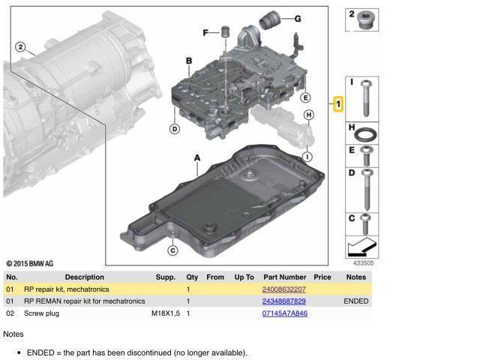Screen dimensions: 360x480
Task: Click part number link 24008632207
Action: [283, 289]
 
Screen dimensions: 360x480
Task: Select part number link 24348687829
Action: [283, 301]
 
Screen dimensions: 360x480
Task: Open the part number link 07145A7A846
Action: [284, 313]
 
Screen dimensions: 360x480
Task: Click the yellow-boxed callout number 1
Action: [339, 103]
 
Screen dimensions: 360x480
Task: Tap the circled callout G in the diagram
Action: [297, 19]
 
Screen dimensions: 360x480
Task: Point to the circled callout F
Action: [205, 32]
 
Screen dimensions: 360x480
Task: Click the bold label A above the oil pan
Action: [197, 158]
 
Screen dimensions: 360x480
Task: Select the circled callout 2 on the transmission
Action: [20, 47]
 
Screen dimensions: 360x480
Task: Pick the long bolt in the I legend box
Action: [365, 97]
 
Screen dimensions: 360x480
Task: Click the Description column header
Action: [84, 277]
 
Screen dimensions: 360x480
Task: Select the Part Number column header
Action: [284, 277]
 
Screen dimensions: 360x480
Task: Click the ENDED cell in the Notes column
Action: [356, 301]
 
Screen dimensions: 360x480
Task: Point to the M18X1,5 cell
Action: [166, 313]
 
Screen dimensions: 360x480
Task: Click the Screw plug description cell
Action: [41, 313]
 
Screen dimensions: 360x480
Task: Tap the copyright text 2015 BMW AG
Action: [29, 264]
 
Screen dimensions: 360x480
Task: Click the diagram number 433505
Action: [363, 263]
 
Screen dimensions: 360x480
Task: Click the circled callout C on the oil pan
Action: [172, 250]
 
